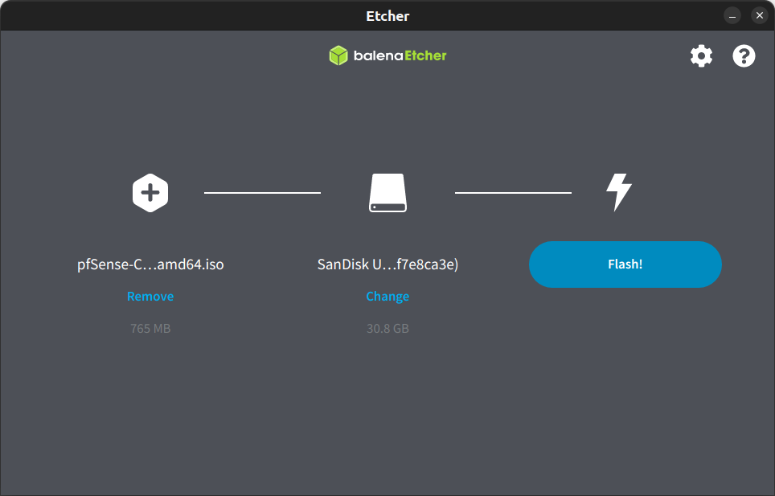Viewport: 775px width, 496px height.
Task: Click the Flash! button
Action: [625, 264]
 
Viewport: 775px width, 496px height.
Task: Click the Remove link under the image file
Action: [150, 297]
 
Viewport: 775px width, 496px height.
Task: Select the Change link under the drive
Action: [387, 297]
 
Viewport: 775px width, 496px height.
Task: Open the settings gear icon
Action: [701, 56]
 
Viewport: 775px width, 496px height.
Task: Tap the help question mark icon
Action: [744, 56]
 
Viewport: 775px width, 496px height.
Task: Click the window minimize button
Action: [732, 16]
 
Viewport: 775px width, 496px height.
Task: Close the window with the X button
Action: [759, 16]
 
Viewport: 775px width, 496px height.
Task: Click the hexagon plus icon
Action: [150, 193]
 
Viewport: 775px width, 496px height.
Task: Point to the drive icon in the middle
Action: [387, 193]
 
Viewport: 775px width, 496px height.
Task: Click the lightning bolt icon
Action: [618, 193]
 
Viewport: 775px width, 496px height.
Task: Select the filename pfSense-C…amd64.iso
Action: [150, 264]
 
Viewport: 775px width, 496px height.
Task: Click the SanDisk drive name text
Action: [387, 264]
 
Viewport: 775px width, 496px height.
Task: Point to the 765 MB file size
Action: [150, 329]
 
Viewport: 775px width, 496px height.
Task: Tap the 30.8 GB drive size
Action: [387, 329]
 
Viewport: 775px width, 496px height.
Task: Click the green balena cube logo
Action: [338, 55]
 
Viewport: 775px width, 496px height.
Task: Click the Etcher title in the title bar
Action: [387, 16]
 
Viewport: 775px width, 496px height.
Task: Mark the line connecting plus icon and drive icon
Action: [262, 193]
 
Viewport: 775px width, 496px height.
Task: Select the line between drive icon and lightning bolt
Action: [513, 193]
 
